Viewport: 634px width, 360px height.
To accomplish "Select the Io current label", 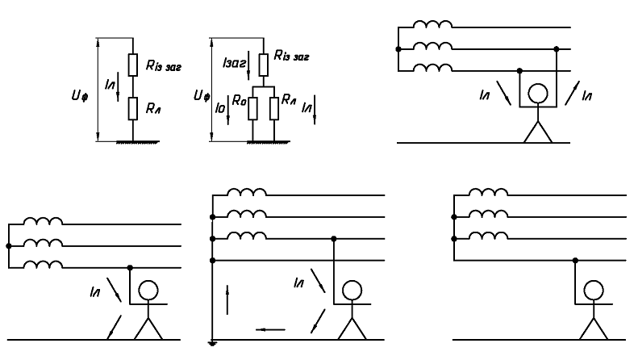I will tap(219, 104).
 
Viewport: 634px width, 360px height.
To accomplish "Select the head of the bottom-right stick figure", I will tap(594, 289).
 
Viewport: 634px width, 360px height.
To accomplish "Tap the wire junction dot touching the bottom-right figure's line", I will tap(574, 260).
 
